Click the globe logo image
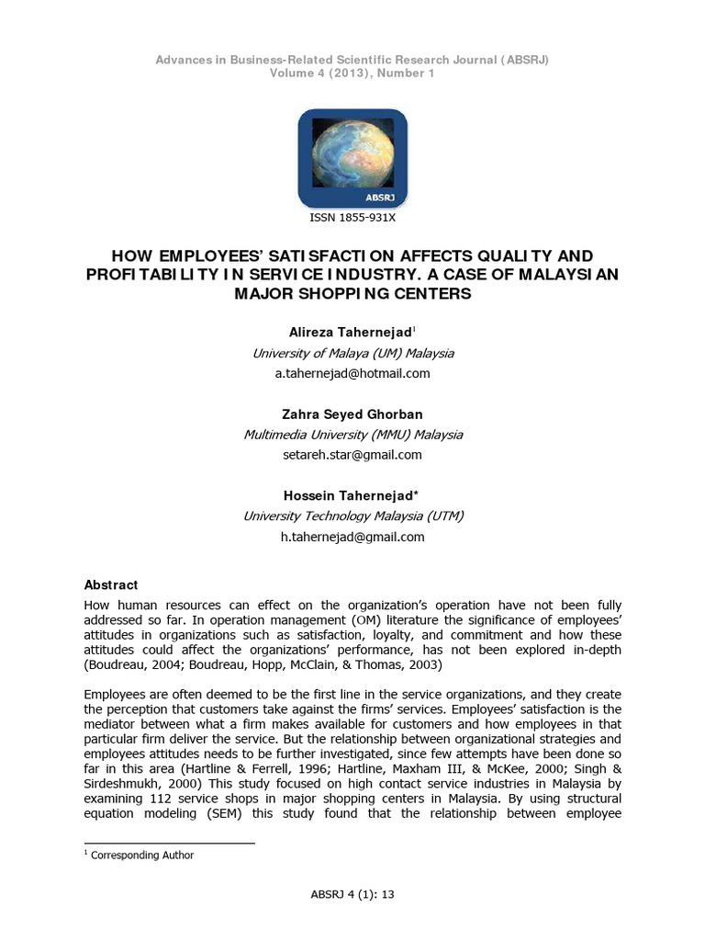[x=352, y=157]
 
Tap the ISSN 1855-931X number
[x=352, y=219]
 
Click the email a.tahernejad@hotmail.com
[x=352, y=373]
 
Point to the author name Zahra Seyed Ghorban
[x=352, y=414]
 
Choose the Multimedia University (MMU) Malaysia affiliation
[x=352, y=435]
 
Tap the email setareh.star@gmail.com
[x=352, y=455]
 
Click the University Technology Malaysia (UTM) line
[x=352, y=516]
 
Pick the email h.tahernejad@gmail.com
[x=352, y=537]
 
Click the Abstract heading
[x=111, y=584]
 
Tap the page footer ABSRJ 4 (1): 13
[x=352, y=893]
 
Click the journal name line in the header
[x=352, y=60]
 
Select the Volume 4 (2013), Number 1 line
[x=352, y=74]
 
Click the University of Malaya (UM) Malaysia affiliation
[x=352, y=353]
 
